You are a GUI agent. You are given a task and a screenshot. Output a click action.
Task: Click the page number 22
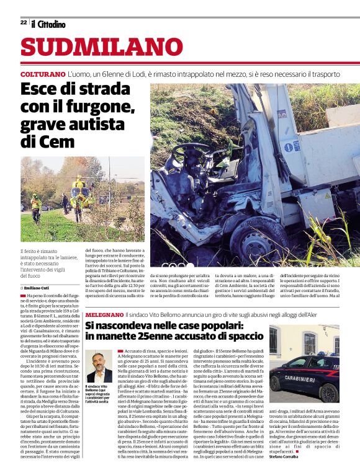point(24,22)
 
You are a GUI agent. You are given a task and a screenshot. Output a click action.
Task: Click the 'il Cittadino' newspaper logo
point(49,24)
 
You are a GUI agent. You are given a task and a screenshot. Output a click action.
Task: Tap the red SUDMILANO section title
point(93,48)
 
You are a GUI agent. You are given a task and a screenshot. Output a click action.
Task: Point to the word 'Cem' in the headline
point(56,142)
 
